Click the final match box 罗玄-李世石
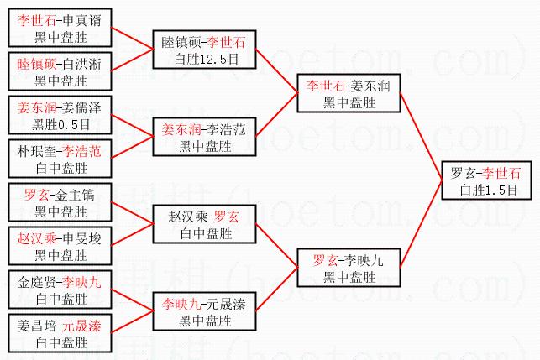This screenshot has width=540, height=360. [x=485, y=181]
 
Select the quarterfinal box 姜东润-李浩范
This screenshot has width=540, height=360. [x=203, y=138]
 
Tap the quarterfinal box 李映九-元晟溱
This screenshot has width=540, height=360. [x=203, y=310]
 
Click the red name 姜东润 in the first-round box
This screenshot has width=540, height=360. [x=34, y=107]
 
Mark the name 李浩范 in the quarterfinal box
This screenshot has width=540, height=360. [x=227, y=129]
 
